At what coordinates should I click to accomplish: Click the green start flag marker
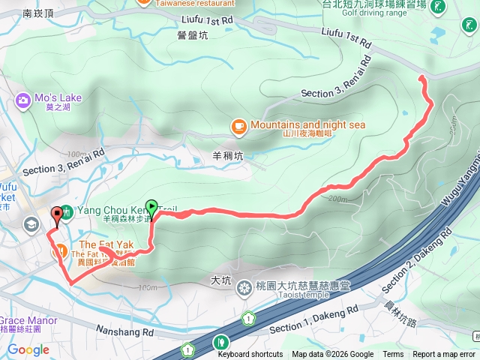click(x=152, y=208)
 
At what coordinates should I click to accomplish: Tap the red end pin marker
click(x=56, y=217)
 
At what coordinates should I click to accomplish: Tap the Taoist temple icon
click(x=244, y=288)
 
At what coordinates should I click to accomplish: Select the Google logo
click(x=28, y=349)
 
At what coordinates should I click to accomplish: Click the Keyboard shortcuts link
click(x=250, y=355)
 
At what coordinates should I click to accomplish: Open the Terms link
click(x=393, y=355)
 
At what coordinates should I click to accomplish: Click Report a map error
click(x=444, y=355)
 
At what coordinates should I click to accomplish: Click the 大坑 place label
click(x=221, y=280)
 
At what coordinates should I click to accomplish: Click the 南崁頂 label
click(x=38, y=13)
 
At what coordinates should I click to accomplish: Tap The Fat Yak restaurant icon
click(x=63, y=252)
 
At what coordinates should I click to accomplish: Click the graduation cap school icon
click(x=32, y=223)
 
